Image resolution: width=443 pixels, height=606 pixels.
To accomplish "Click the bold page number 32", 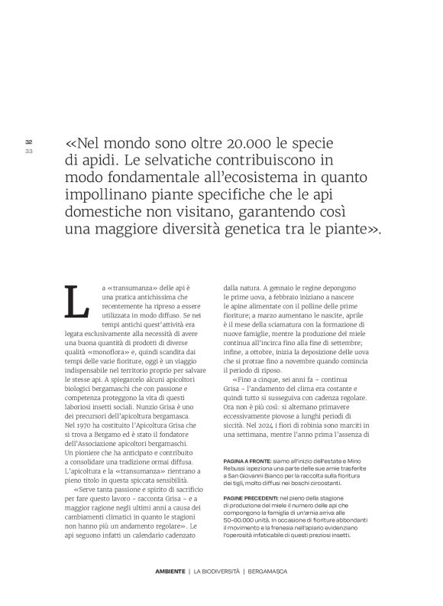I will tap(29, 142).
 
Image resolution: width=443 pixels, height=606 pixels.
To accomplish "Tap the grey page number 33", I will tap(29, 151).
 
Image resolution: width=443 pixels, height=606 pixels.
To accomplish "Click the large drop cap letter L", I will tap(78, 302).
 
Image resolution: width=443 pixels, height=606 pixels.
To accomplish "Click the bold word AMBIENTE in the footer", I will tap(169, 573).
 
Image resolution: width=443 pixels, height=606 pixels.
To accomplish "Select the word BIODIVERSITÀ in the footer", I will tap(221, 573).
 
